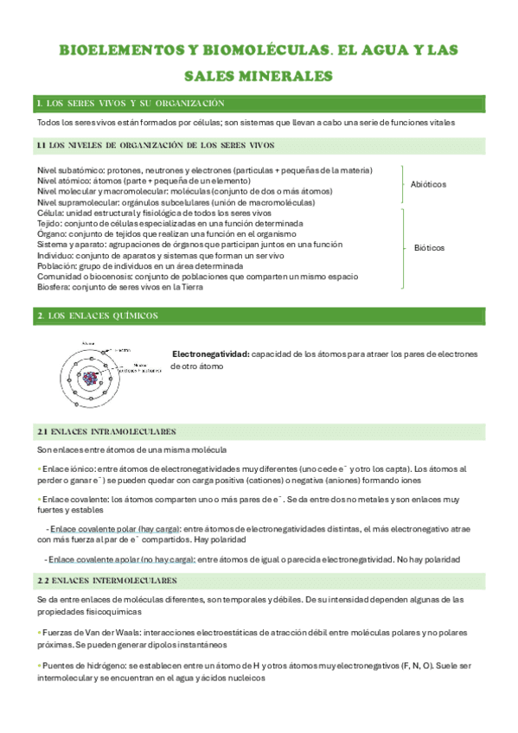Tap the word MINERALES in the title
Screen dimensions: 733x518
click(285, 76)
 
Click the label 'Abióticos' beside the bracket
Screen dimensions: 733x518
click(429, 185)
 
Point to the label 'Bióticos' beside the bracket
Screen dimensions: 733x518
click(430, 248)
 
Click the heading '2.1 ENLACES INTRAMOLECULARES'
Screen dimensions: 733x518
click(107, 430)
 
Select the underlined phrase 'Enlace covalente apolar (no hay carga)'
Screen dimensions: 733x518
click(122, 559)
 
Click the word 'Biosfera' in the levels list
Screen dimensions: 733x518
click(53, 286)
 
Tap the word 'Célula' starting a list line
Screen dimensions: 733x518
click(49, 213)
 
